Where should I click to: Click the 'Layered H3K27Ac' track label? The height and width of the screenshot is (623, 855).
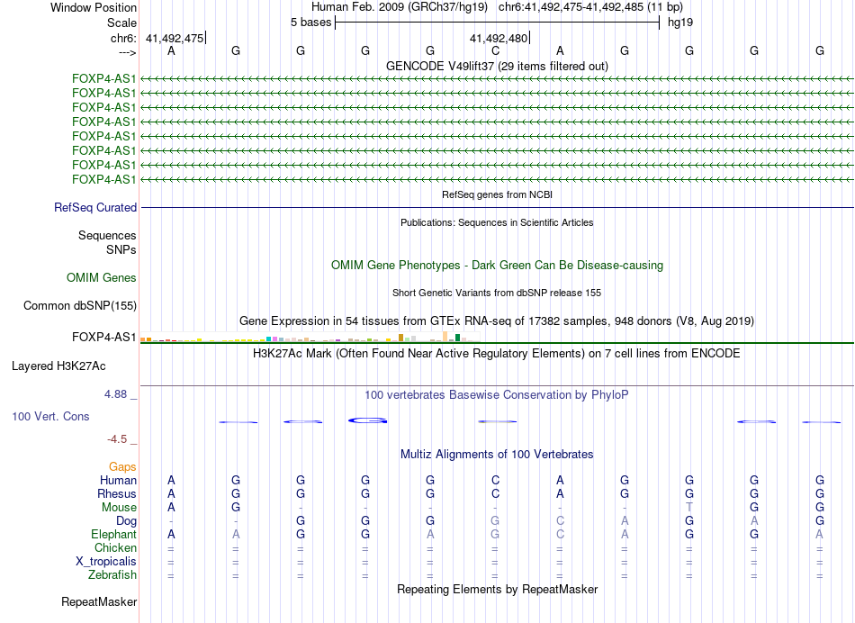[58, 366]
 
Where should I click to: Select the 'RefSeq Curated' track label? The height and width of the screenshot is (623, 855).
[95, 208]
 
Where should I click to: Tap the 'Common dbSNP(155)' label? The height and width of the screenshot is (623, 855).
[79, 306]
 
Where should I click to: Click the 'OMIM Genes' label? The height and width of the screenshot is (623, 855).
[102, 278]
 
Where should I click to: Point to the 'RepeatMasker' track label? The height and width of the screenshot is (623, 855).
[99, 601]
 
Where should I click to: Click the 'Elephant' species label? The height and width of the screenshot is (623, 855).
[108, 535]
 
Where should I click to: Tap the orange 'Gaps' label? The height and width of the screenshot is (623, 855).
[123, 466]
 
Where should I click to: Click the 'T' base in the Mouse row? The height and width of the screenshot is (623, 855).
[689, 508]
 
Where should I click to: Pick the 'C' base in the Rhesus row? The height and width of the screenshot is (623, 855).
[495, 494]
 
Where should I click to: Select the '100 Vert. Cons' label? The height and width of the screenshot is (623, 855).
[52, 417]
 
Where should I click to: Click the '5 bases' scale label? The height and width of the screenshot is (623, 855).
[310, 22]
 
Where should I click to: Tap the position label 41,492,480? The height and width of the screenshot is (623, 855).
[499, 38]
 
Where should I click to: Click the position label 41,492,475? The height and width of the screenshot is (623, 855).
[175, 38]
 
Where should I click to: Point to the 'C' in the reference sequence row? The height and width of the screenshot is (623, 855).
[495, 51]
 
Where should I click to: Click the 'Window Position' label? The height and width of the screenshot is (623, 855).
[94, 7]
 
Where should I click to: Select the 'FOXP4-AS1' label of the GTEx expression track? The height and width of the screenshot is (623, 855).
[104, 339]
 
